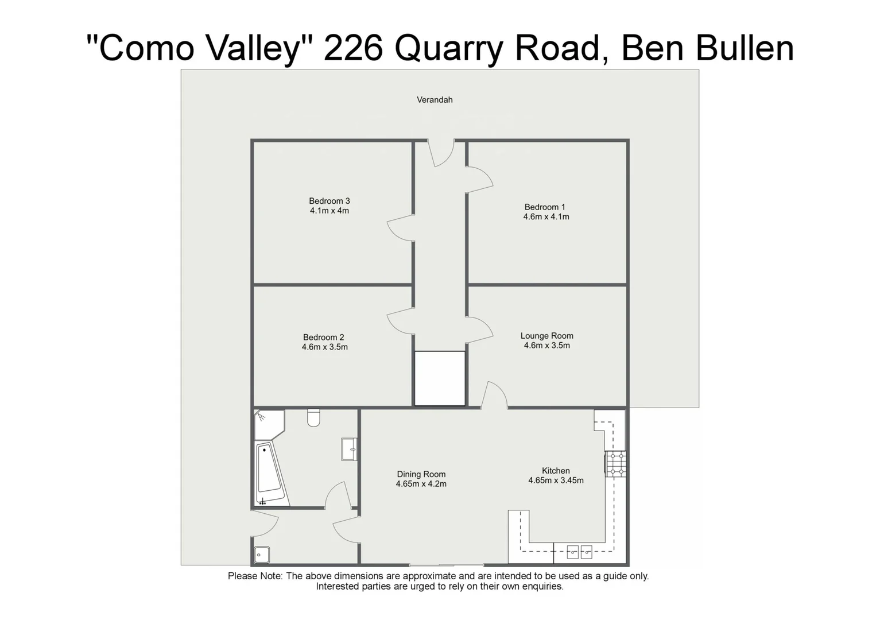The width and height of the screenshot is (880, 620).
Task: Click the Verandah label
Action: (435, 100)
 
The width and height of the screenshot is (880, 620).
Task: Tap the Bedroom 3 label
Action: (329, 201)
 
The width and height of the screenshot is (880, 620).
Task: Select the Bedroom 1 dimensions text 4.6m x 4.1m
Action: (546, 217)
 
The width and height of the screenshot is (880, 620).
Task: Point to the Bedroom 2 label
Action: (324, 338)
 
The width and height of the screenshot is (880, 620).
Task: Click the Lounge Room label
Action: (546, 336)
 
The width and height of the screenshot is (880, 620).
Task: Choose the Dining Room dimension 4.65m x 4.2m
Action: (421, 484)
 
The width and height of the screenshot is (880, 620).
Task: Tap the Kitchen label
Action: (556, 471)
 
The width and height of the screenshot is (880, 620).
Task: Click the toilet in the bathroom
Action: (313, 418)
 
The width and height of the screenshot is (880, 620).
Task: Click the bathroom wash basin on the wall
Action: (349, 449)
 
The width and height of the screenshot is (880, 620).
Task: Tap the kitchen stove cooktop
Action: (617, 464)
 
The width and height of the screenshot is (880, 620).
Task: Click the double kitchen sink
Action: (579, 552)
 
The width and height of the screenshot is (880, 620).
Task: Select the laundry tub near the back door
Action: (262, 555)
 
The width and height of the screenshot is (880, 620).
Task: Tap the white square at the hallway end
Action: (440, 378)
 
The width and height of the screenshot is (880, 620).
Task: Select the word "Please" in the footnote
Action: (242, 576)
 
